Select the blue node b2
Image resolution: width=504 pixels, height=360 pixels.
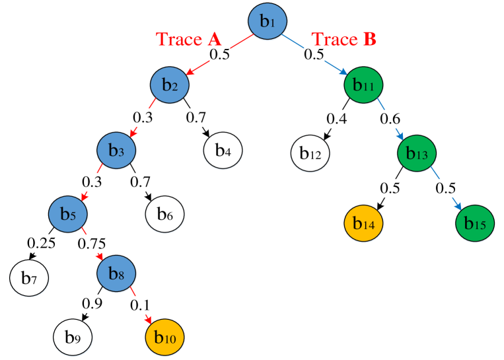click(170, 85)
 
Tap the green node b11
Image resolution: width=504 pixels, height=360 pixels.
click(364, 85)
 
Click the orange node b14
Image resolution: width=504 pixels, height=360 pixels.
click(364, 224)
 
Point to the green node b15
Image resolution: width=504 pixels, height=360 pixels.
click(475, 224)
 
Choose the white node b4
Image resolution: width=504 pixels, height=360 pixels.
click(223, 151)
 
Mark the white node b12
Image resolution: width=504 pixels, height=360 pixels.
click(310, 153)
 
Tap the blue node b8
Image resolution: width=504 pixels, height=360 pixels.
click(117, 272)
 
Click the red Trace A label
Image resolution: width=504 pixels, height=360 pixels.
click(188, 39)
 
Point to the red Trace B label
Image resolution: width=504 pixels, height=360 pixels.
click(343, 39)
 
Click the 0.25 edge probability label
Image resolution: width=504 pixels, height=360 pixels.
click(42, 244)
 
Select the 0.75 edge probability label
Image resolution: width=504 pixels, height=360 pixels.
click(92, 244)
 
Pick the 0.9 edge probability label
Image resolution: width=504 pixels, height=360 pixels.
click(92, 304)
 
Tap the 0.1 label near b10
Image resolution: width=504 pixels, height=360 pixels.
click(140, 305)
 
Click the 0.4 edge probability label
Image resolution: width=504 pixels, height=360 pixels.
click(337, 120)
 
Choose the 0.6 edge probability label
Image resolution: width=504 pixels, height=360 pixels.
click(390, 120)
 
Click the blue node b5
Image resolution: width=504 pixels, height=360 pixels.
click(68, 213)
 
